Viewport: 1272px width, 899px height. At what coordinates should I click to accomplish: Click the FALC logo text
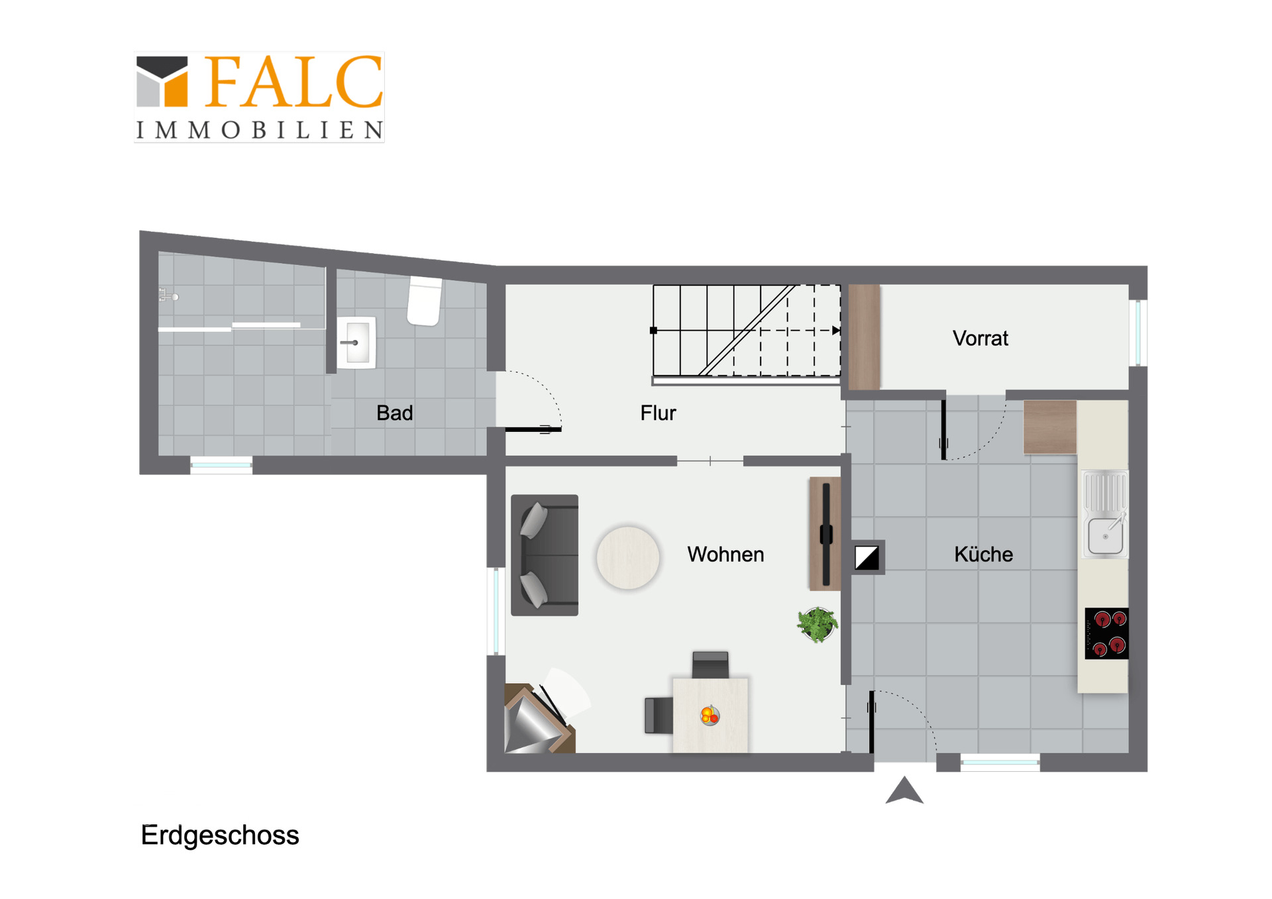[293, 81]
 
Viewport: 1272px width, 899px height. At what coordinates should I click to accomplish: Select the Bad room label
[395, 413]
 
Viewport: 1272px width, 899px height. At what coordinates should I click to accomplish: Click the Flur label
[658, 413]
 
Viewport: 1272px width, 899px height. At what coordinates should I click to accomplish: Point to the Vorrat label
[980, 339]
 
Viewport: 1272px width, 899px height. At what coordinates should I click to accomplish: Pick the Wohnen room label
[725, 554]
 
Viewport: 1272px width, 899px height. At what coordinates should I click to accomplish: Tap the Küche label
[983, 554]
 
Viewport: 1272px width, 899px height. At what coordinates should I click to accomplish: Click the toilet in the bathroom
[425, 301]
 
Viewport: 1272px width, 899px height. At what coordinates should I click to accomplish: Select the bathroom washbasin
[356, 343]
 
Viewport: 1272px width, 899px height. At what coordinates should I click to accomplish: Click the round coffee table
[628, 558]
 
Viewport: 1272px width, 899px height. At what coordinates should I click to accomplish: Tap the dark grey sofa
[545, 555]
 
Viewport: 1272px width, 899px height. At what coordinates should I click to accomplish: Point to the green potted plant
[818, 624]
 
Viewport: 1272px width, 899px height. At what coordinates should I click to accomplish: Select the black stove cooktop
[1106, 633]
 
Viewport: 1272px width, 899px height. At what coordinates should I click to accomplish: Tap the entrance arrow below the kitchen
[904, 790]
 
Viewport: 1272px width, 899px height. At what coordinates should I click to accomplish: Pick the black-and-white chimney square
[867, 558]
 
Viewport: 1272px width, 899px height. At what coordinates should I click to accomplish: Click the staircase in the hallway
[747, 331]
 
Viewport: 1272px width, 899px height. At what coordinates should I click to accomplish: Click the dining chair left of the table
[659, 715]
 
